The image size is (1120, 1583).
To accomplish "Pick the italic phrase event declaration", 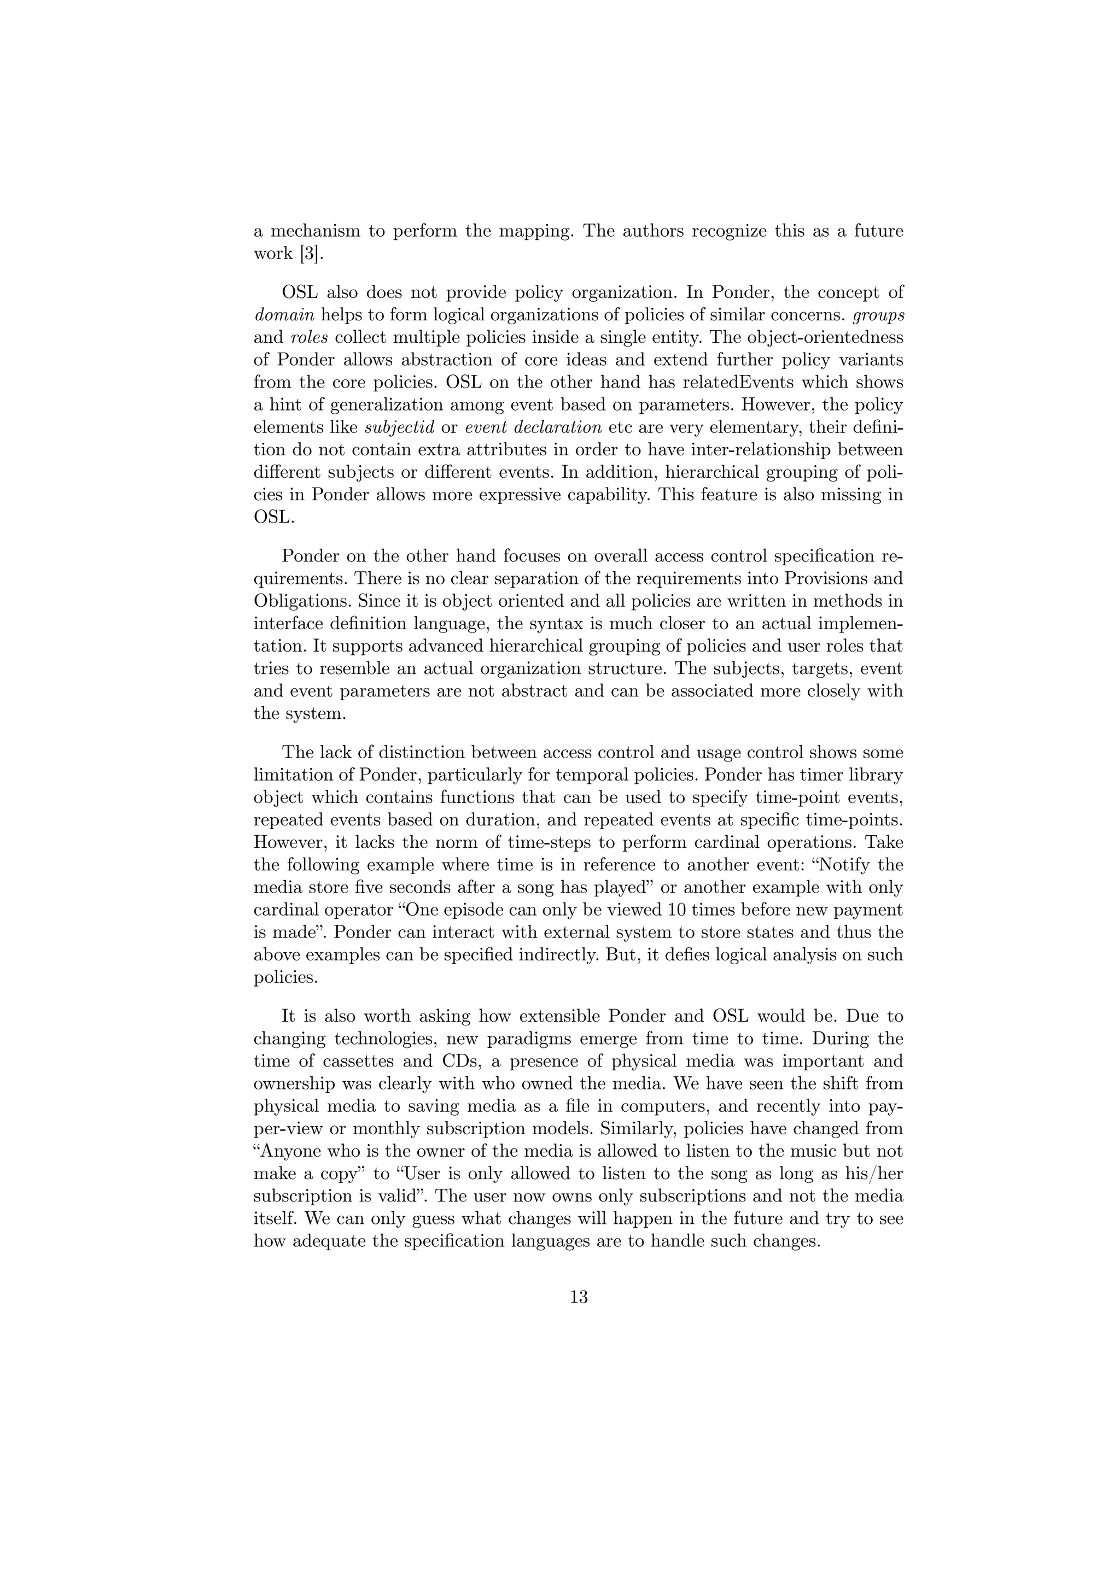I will pyautogui.click(x=533, y=427).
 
